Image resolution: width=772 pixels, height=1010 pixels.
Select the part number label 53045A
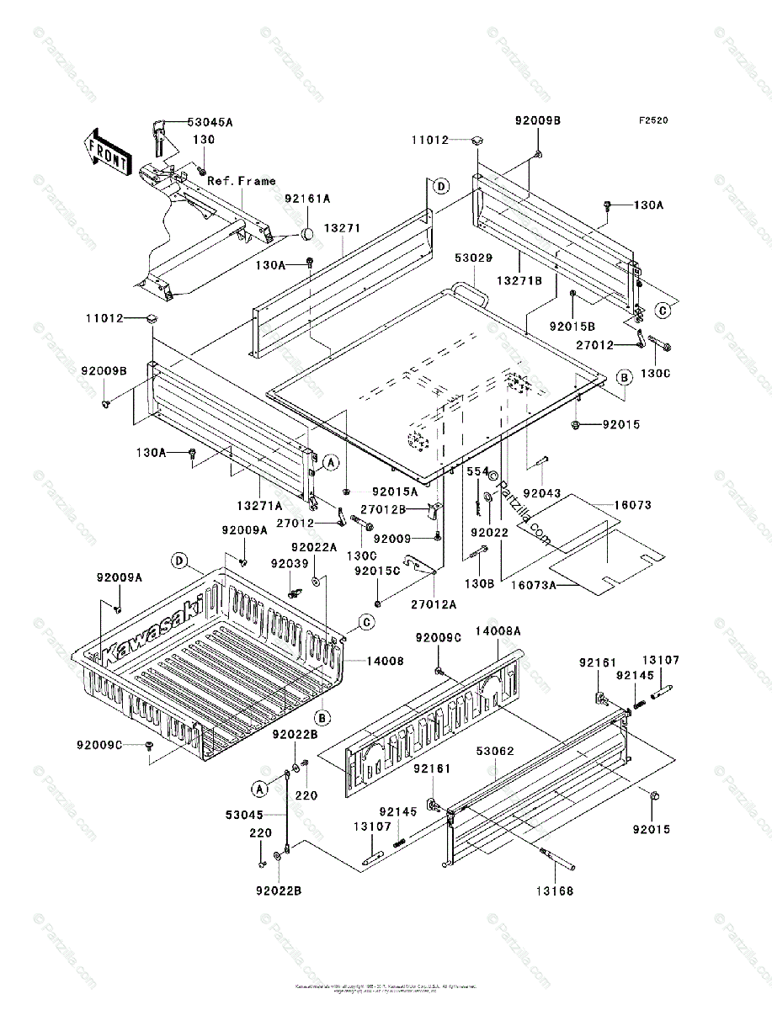coord(210,122)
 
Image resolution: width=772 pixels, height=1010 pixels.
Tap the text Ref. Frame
coord(242,180)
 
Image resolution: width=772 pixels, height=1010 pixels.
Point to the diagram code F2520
coord(652,120)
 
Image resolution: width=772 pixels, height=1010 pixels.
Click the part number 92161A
coord(307,199)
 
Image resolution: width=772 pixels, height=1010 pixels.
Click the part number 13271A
coord(259,505)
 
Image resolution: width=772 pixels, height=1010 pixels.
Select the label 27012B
coord(382,508)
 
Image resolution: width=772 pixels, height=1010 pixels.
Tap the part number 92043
coord(540,493)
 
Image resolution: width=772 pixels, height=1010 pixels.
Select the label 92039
coord(289,563)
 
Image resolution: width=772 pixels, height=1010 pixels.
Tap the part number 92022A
coord(314,547)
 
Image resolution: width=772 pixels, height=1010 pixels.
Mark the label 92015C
coord(376,571)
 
